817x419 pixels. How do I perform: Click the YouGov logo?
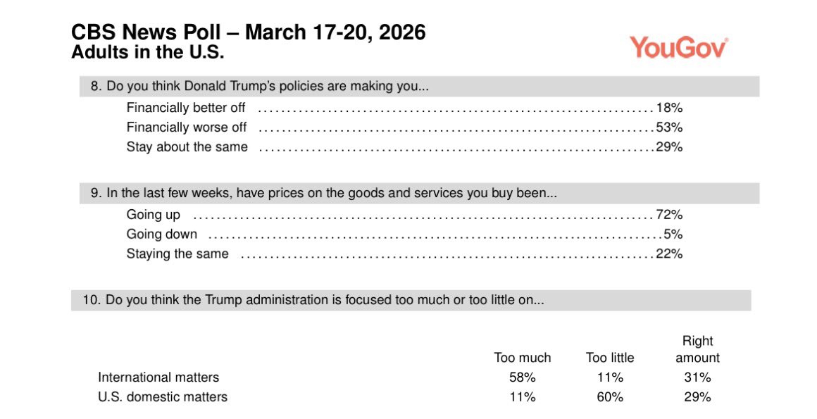(x=678, y=47)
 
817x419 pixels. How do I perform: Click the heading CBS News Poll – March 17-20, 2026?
(x=249, y=32)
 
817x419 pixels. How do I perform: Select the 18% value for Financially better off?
(x=669, y=108)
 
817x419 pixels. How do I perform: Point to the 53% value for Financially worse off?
(x=669, y=127)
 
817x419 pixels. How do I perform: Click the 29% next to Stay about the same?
(x=669, y=147)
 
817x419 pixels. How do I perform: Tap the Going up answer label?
(x=153, y=215)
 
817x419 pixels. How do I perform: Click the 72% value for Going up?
(x=669, y=215)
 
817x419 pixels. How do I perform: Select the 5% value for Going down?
(x=673, y=234)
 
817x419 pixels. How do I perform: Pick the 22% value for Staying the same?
(x=669, y=254)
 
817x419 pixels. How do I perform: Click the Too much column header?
(x=522, y=358)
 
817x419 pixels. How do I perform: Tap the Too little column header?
(x=610, y=358)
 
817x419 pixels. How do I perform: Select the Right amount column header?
(x=697, y=349)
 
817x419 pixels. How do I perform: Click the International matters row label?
(x=158, y=377)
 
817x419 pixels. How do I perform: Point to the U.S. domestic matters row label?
(x=163, y=397)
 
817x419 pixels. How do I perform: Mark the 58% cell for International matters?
(x=522, y=377)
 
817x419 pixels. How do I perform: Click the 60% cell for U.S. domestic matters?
(x=610, y=397)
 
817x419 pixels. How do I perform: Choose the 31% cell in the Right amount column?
(x=697, y=377)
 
